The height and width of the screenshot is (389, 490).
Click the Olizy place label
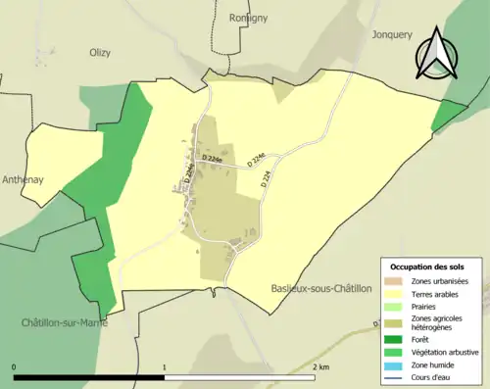[101, 53]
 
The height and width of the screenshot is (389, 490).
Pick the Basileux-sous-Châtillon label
[320, 288]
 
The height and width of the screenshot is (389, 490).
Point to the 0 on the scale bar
[15, 366]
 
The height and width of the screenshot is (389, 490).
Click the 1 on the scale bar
[165, 366]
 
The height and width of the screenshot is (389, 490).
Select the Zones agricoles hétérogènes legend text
[437, 323]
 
